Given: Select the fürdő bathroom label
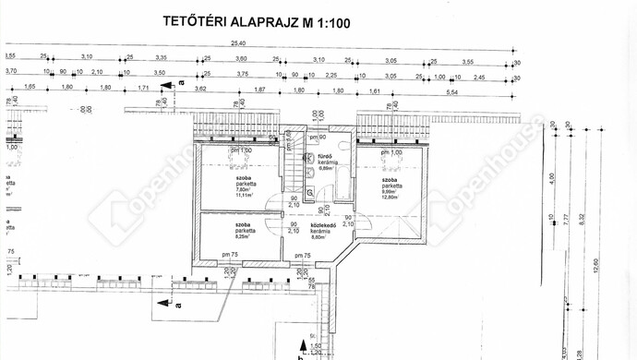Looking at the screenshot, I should pos(325,157).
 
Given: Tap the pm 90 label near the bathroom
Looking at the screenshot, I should pos(318,138).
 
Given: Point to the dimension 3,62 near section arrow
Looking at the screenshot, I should pos(200,90).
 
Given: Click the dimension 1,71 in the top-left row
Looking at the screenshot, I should pos(142,90).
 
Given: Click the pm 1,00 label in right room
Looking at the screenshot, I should pos(391,151).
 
